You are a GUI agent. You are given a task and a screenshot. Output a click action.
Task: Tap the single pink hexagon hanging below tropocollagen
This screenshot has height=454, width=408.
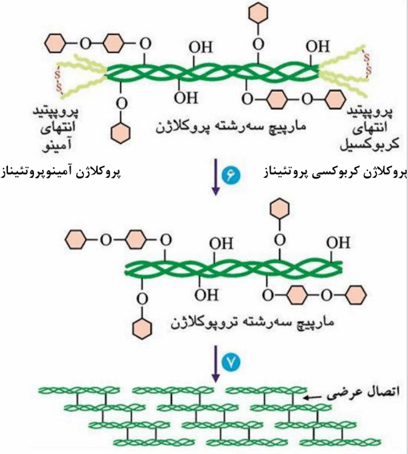pos(142,328)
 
